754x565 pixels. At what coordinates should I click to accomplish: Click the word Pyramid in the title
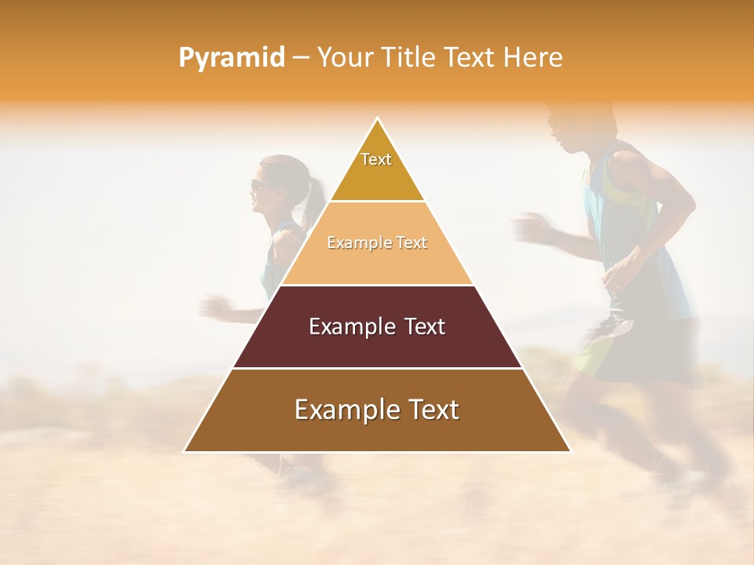231,58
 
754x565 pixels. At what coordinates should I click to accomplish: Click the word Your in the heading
342,58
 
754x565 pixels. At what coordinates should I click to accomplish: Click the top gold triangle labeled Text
377,169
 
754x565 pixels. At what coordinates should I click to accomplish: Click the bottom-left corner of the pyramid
185,451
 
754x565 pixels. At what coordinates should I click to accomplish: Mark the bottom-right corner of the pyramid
569,451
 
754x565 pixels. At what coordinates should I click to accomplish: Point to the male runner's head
569,126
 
